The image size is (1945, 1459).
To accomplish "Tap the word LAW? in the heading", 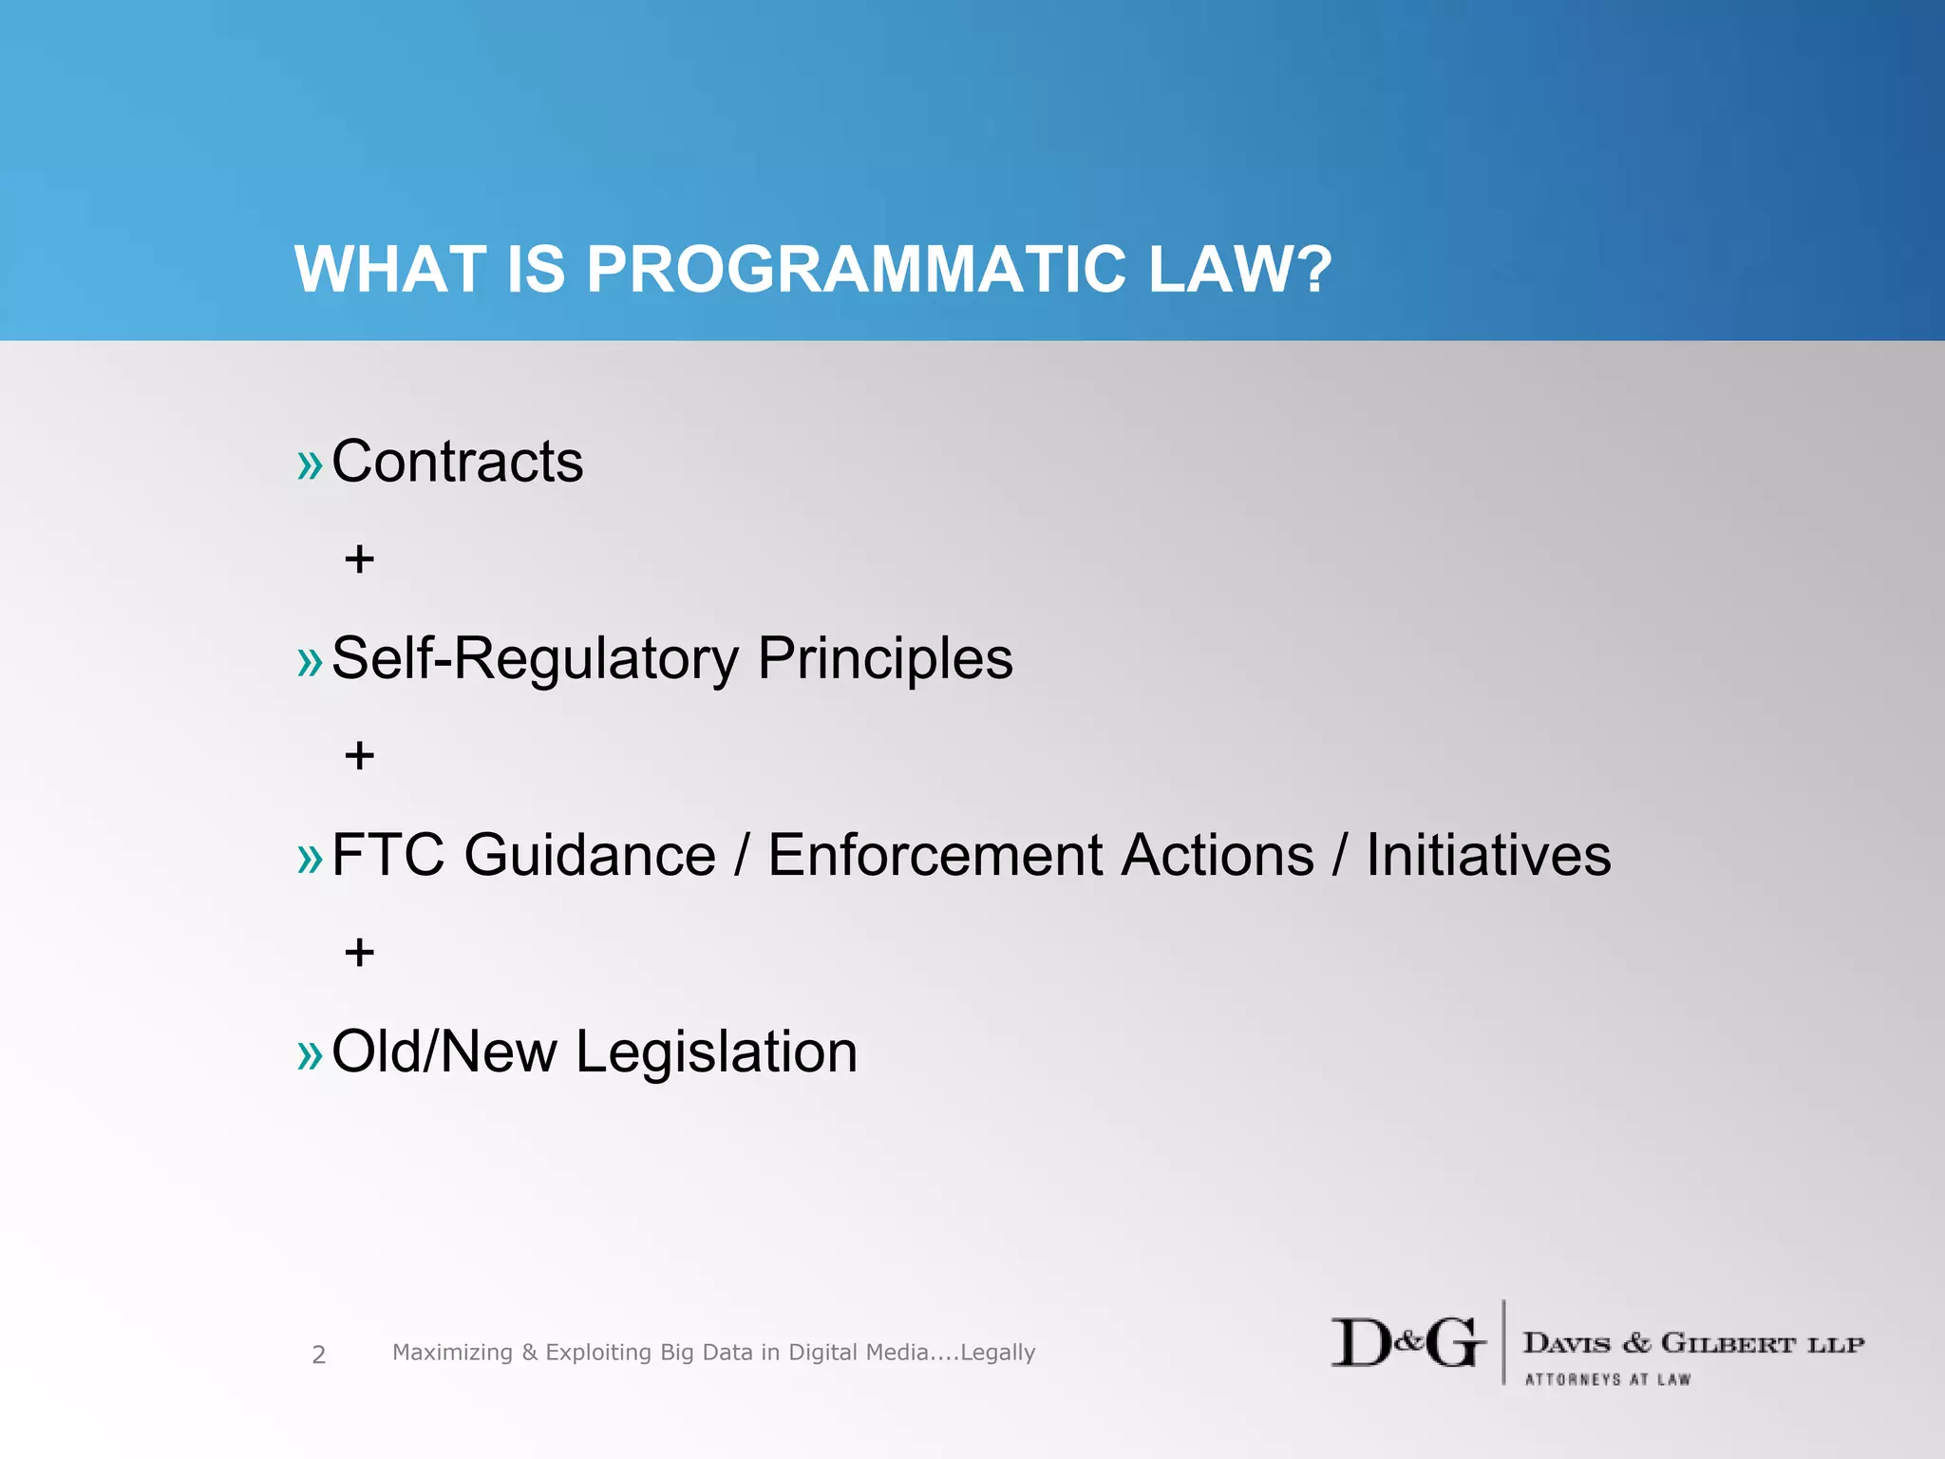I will pyautogui.click(x=1240, y=270).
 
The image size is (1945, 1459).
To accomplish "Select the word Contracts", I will pyautogui.click(x=457, y=463).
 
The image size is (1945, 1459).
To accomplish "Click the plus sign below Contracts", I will pyautogui.click(x=359, y=559).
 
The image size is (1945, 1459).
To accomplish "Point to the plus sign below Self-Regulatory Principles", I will pyautogui.click(x=359, y=756).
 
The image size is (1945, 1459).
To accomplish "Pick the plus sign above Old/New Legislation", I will pyautogui.click(x=359, y=952).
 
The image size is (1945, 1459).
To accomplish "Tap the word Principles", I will pyautogui.click(x=885, y=659).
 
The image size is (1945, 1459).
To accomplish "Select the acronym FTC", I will pyautogui.click(x=387, y=855).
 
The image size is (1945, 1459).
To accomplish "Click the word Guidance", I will pyautogui.click(x=590, y=855).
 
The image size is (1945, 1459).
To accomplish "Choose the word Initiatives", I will pyautogui.click(x=1488, y=855).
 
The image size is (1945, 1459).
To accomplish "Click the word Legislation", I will pyautogui.click(x=716, y=1052).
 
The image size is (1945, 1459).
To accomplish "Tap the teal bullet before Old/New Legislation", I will pyautogui.click(x=310, y=1054).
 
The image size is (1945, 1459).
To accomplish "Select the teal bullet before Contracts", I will pyautogui.click(x=310, y=464).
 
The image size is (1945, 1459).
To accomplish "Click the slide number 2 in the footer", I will pyautogui.click(x=319, y=1355).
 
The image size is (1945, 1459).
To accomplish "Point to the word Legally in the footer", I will pyautogui.click(x=997, y=1352).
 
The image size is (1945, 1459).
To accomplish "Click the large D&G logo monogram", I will pyautogui.click(x=1407, y=1342).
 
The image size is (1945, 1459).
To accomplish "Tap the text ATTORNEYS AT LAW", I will pyautogui.click(x=1607, y=1379).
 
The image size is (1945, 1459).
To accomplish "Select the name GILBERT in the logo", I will pyautogui.click(x=1728, y=1343).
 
